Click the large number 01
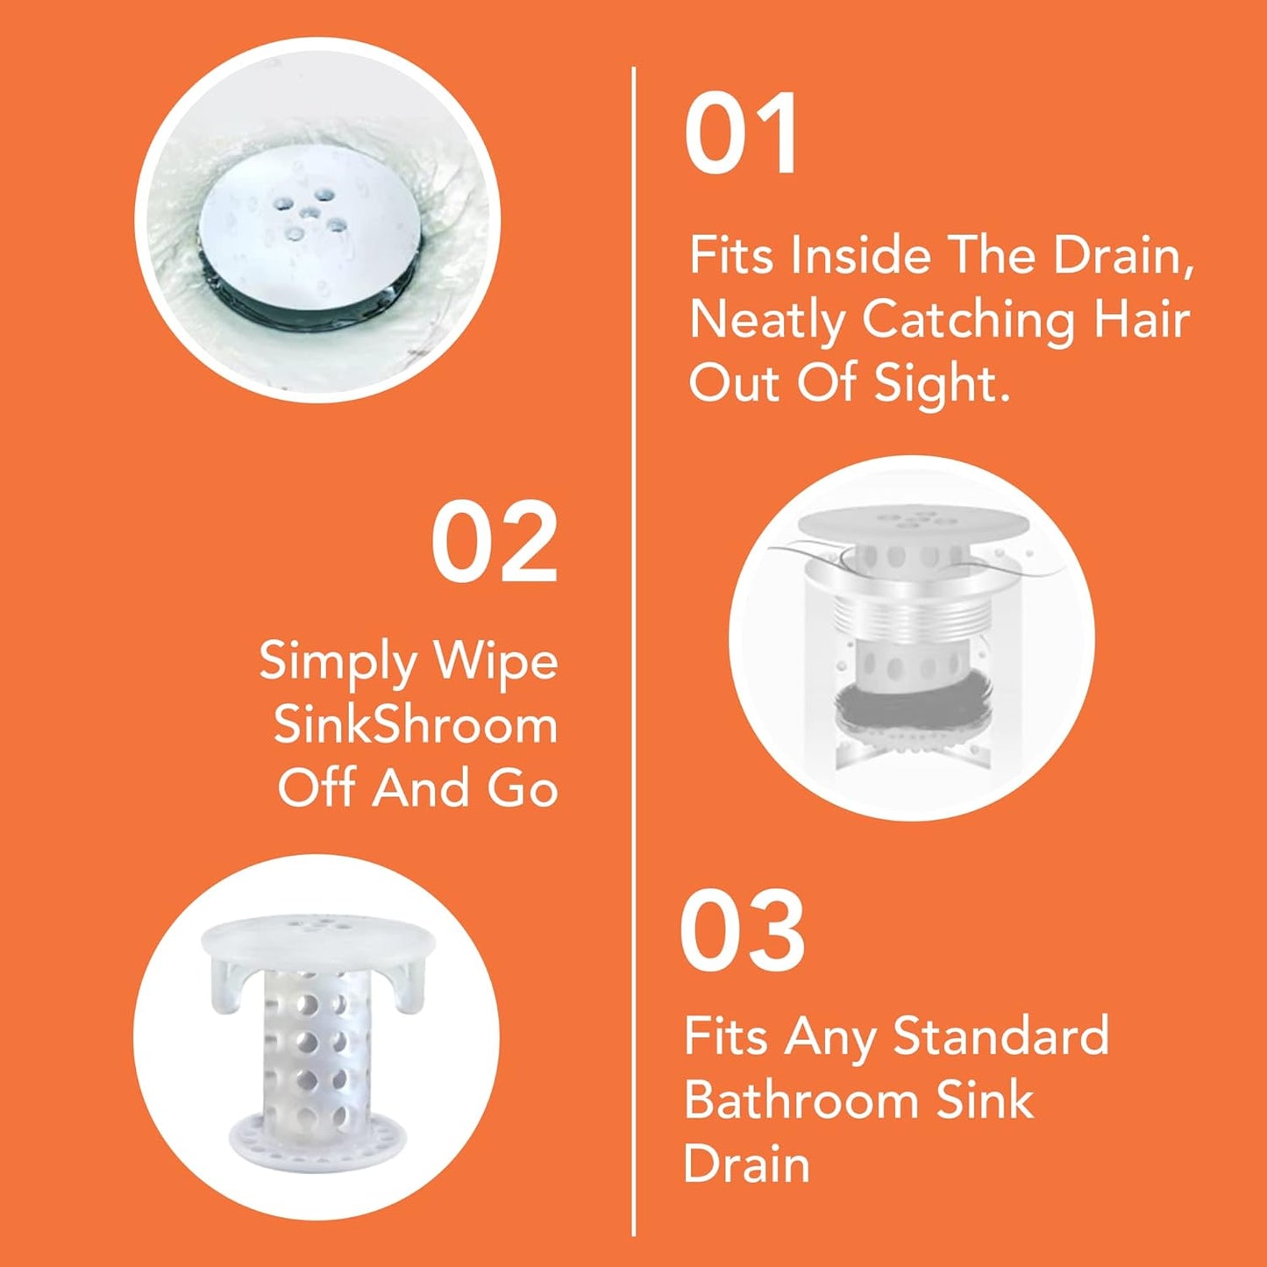(741, 135)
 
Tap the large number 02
(495, 542)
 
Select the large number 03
(742, 931)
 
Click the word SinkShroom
(416, 725)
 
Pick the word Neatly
(766, 321)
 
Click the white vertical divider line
(633, 649)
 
